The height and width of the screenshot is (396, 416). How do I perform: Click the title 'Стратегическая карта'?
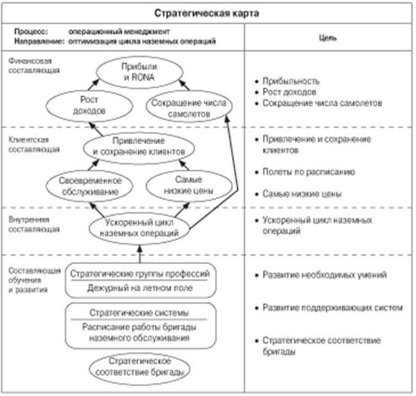(x=206, y=13)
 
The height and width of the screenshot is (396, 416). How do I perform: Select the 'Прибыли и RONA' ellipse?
(x=139, y=72)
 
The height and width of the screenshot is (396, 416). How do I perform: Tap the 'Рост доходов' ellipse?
(x=89, y=105)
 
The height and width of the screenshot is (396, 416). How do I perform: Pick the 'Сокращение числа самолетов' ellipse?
(x=189, y=106)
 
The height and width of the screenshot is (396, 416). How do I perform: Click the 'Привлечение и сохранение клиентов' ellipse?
(x=139, y=147)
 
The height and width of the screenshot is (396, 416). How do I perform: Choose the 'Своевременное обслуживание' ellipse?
(x=89, y=186)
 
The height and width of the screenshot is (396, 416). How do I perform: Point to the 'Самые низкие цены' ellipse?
(x=189, y=185)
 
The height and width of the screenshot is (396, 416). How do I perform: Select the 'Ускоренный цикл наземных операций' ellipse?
(x=139, y=228)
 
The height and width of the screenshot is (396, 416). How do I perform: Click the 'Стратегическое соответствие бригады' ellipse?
(x=139, y=368)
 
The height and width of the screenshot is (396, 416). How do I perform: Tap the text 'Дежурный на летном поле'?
(x=140, y=288)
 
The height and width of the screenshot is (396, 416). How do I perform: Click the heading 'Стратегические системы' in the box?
(x=139, y=313)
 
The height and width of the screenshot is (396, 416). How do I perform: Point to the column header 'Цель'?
(x=327, y=38)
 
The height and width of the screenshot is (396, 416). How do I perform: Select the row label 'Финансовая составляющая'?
(x=33, y=65)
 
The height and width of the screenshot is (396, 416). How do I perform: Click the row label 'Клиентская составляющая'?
(x=33, y=144)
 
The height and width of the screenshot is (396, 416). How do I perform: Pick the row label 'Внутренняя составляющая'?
(x=33, y=225)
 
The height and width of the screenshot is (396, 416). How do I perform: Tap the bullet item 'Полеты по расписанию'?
(x=305, y=172)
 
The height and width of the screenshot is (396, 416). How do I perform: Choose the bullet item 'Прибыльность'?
(x=287, y=81)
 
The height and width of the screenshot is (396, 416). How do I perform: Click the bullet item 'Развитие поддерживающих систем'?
(x=329, y=307)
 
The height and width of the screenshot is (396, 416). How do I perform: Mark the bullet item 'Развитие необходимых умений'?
(x=321, y=275)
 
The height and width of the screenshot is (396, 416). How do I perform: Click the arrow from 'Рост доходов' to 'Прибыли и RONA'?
(x=93, y=85)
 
